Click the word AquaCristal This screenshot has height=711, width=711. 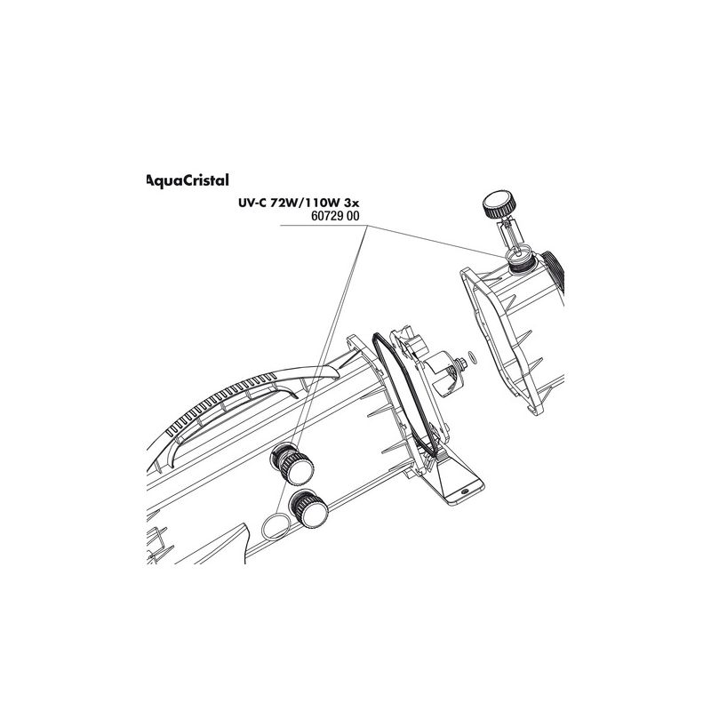click(188, 180)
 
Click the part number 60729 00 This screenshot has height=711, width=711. click(335, 216)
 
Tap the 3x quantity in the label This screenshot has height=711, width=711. click(351, 204)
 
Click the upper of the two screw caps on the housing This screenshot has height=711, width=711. click(292, 464)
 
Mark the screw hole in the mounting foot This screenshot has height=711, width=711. click(464, 492)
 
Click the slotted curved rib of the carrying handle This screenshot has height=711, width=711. click(227, 399)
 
